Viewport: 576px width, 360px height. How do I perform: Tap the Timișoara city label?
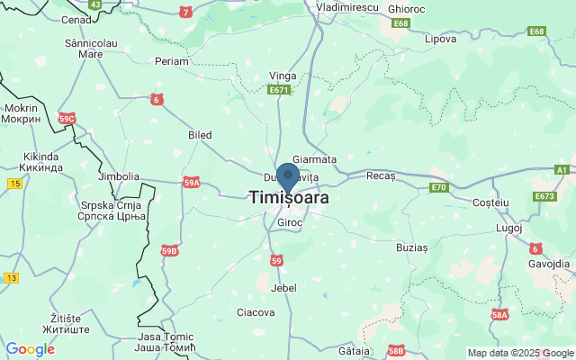coord(288,197)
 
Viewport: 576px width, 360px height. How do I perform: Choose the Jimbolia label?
coord(119,176)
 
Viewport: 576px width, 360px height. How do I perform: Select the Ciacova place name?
coord(255,312)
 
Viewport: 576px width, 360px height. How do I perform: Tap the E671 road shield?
coord(278,90)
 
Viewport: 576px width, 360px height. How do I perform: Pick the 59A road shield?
coord(191,182)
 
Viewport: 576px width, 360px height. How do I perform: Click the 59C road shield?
coord(67,118)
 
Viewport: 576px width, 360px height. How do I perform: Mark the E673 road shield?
coord(544,196)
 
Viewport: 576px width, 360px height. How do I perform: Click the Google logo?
coord(30,349)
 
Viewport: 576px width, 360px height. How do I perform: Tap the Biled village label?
coord(199,135)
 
